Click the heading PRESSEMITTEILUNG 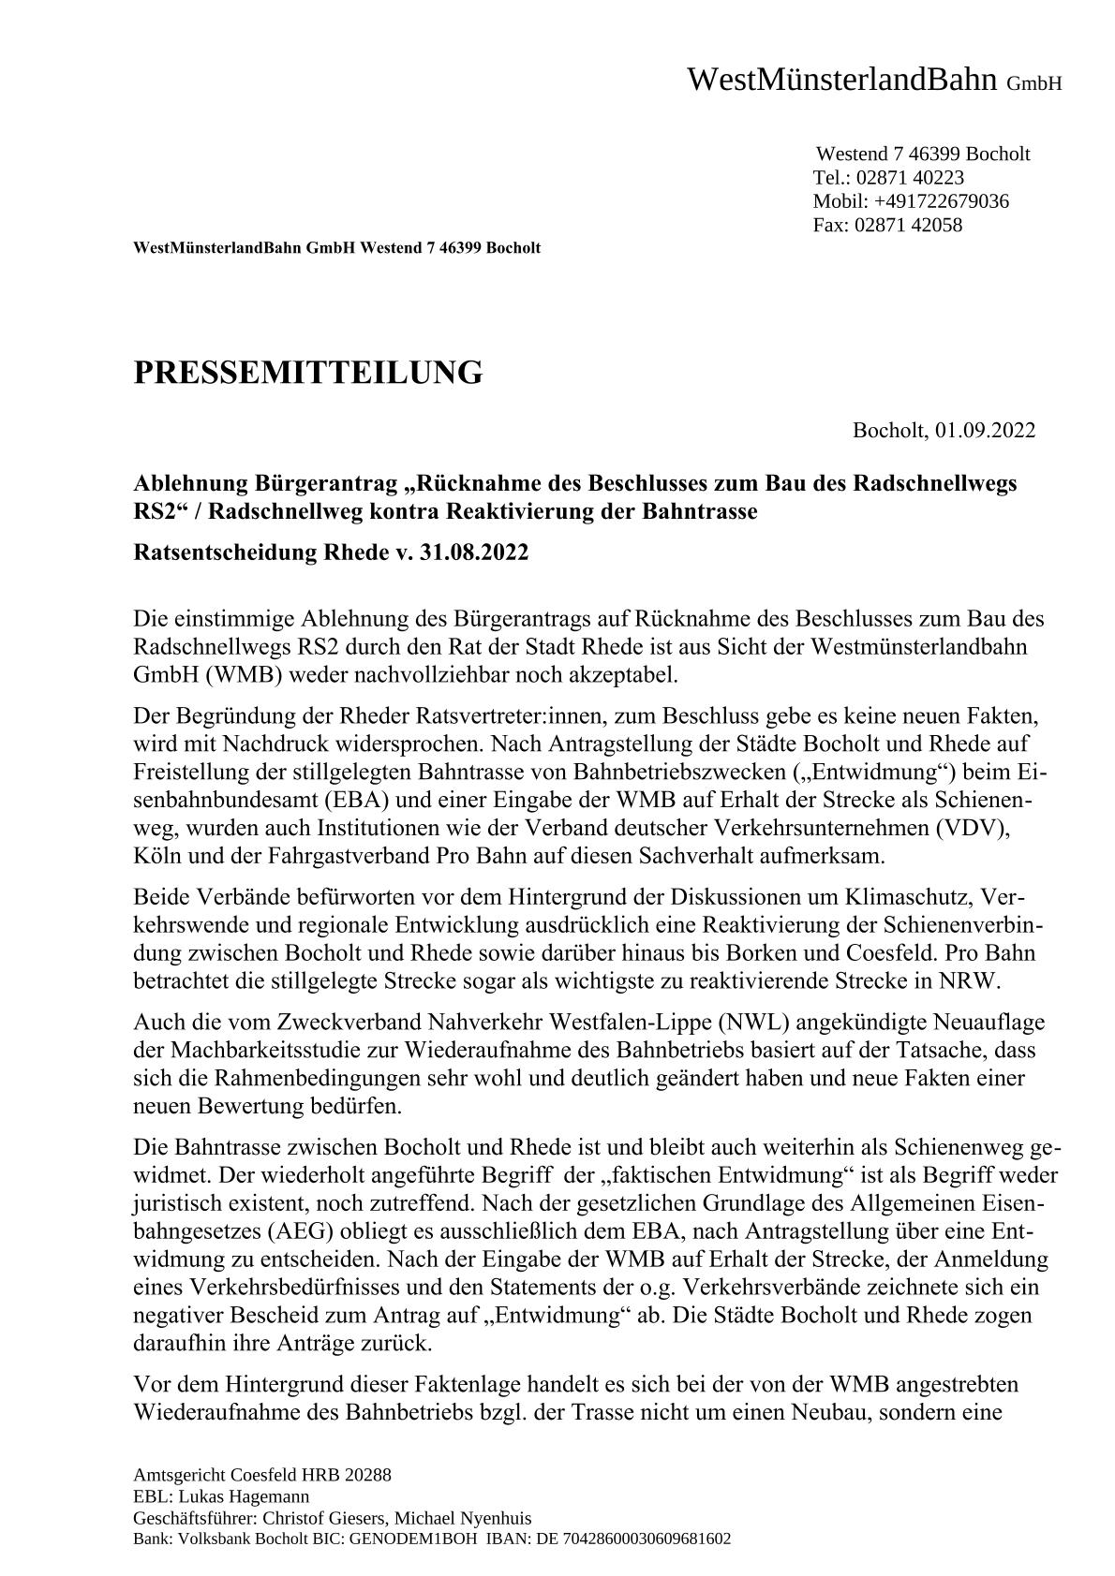[x=307, y=373]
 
